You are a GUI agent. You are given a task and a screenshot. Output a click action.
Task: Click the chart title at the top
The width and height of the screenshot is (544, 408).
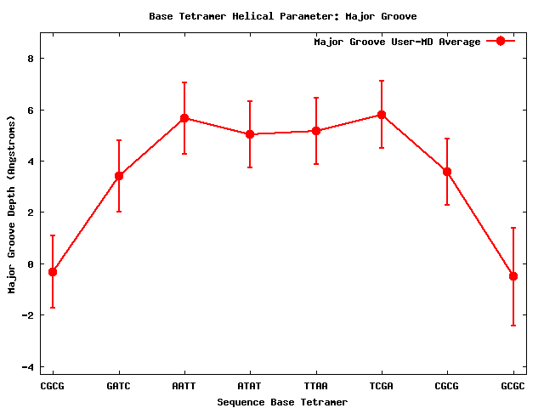(x=282, y=16)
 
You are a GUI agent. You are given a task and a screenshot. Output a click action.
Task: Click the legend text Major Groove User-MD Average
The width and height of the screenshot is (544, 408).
(x=397, y=42)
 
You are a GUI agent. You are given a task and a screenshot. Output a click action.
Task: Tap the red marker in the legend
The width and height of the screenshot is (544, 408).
(x=501, y=42)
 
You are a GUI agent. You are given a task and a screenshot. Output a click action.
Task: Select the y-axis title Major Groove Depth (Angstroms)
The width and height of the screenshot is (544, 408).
(x=12, y=204)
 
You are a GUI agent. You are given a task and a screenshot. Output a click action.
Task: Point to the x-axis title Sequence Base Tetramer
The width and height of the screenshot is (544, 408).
(x=282, y=402)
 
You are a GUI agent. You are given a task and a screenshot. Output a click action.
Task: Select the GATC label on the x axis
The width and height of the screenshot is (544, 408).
(x=118, y=386)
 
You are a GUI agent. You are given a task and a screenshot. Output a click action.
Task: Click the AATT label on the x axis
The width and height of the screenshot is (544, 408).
(x=184, y=386)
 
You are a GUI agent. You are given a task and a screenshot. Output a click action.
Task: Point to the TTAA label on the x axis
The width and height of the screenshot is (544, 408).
(x=315, y=386)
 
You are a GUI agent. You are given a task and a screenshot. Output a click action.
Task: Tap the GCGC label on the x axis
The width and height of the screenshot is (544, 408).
(x=513, y=386)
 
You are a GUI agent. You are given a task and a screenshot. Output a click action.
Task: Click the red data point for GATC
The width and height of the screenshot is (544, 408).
(x=119, y=176)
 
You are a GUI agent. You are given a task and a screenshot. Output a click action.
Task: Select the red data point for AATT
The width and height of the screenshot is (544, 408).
(x=184, y=118)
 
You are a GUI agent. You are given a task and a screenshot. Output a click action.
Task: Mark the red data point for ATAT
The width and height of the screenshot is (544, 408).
(x=250, y=134)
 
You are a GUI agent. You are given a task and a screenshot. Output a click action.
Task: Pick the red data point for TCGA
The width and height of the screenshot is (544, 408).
(x=382, y=115)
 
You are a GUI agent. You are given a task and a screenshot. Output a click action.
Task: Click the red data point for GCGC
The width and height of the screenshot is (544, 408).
(x=513, y=276)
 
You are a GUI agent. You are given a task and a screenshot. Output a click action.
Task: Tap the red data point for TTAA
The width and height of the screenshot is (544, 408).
(x=316, y=131)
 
